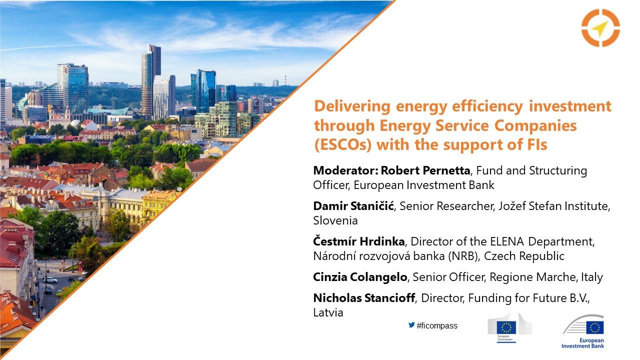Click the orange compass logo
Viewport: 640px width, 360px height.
600,27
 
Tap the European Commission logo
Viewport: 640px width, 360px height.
509,327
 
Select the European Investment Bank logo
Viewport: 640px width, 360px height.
583,331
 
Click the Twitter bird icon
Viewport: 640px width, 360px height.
411,325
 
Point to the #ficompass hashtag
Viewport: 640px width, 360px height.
437,325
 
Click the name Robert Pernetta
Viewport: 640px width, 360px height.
425,170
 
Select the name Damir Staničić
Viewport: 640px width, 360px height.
353,205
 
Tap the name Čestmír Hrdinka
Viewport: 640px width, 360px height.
359,241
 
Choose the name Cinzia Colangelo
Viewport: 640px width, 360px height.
360,277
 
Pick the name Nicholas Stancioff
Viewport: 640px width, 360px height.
364,298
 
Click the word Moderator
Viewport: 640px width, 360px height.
344,170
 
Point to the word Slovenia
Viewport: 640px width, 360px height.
335,220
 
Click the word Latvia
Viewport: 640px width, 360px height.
328,312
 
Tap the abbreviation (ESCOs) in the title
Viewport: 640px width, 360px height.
343,144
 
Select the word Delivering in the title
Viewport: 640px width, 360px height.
352,106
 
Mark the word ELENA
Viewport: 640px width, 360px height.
507,241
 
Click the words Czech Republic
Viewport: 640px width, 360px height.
524,256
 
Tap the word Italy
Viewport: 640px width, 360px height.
592,277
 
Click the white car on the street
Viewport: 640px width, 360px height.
50,280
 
